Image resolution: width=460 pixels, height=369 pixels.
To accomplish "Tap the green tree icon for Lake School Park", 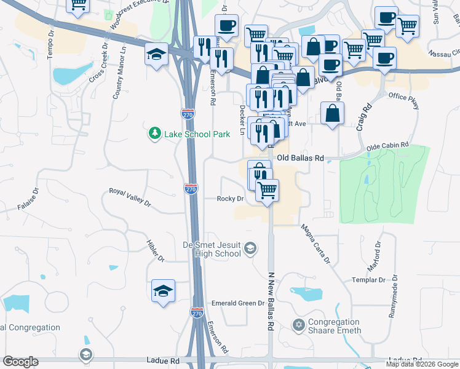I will [153, 133].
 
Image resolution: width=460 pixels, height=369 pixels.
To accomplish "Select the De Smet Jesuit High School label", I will [212, 249].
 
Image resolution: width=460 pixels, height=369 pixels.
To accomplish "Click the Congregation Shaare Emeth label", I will [334, 326].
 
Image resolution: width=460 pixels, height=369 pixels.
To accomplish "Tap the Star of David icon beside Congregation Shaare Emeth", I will [299, 325].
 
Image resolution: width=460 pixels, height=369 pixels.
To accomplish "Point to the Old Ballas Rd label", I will [300, 158].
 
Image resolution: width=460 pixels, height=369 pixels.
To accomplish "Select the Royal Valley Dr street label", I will [129, 197].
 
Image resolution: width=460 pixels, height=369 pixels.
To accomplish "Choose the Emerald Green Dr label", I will [237, 303].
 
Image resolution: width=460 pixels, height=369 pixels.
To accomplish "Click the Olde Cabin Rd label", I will [387, 145].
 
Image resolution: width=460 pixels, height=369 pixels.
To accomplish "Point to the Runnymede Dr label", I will [392, 300].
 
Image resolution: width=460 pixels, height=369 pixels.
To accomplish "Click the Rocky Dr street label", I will [231, 199].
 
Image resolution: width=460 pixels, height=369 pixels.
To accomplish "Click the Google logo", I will [20, 362].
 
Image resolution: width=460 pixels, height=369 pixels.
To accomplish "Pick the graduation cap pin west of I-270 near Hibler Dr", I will [163, 290].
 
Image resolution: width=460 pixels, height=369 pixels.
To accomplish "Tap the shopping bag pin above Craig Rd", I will [332, 113].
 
